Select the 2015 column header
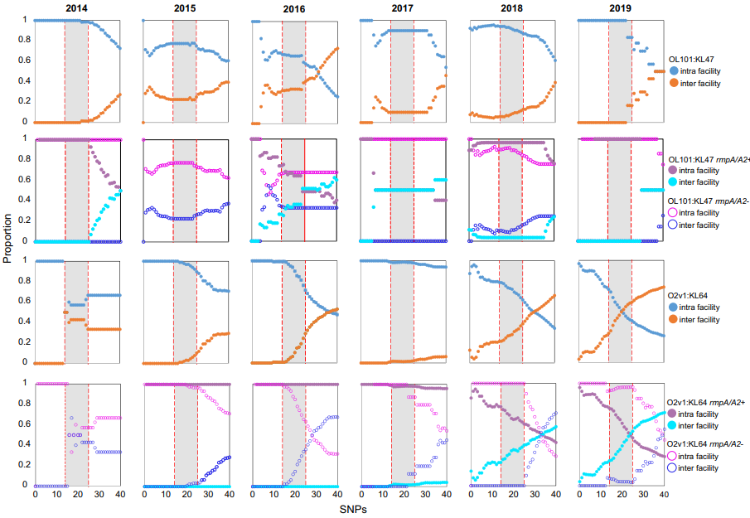[186, 8]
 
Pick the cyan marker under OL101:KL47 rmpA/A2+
[674, 182]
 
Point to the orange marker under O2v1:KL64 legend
[674, 319]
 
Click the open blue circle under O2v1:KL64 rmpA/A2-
[674, 468]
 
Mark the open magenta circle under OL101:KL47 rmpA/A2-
[674, 212]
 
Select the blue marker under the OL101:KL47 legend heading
[674, 71]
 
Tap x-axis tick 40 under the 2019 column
[663, 495]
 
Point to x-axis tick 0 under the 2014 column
[35, 495]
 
